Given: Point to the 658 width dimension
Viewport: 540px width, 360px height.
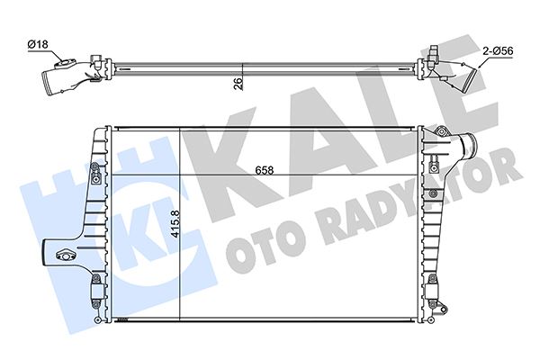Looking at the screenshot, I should (263, 168).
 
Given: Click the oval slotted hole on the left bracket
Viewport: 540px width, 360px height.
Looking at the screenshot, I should (67, 254).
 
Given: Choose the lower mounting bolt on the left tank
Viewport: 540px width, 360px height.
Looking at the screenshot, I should (94, 287).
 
